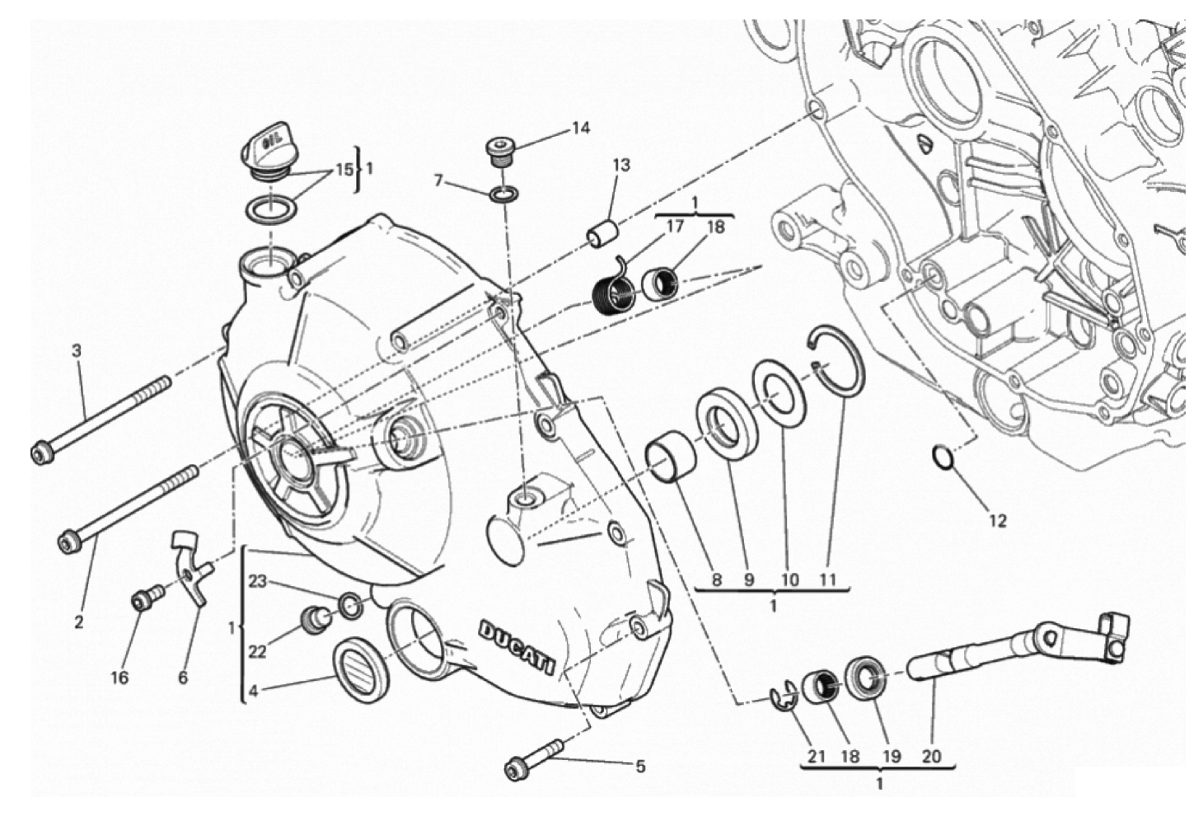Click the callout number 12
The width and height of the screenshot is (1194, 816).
[997, 521]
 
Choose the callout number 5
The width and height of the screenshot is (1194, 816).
[640, 767]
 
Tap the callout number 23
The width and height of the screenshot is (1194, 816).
[257, 582]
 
